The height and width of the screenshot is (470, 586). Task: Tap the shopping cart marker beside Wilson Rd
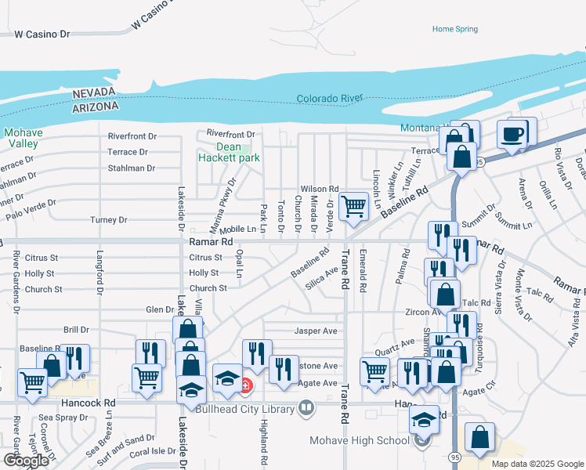pos(354,207)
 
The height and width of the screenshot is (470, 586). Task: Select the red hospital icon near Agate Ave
pos(246,385)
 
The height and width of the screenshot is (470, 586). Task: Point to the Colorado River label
pos(329,99)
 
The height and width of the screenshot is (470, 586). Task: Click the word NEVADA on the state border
pos(95,93)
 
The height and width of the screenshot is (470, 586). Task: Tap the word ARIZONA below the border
pos(95,106)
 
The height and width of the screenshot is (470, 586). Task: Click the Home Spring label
pos(454,29)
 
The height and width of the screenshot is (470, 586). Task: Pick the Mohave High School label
pos(360,439)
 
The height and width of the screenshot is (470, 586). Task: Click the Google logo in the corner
pos(25,461)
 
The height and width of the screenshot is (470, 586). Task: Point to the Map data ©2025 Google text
pos(537,464)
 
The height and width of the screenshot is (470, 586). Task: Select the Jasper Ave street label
pos(315,331)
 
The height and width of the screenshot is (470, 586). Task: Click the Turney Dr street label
pos(108,219)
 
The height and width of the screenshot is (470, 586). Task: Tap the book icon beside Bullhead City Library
pos(306,408)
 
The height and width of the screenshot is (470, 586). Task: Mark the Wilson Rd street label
pos(320,189)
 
